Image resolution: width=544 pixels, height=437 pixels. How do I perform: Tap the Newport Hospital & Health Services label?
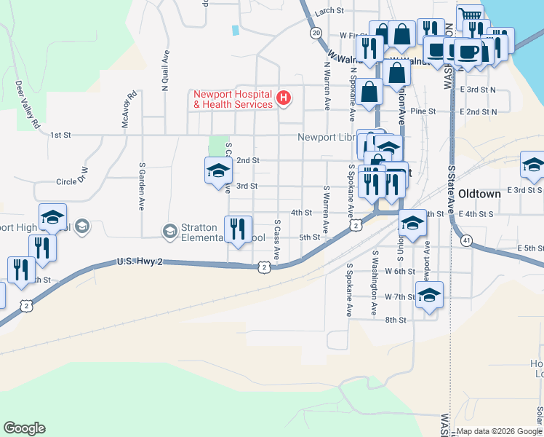click(233, 99)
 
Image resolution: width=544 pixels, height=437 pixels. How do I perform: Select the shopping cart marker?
click(470, 16)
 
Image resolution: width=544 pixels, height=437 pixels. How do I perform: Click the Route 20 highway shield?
click(315, 33)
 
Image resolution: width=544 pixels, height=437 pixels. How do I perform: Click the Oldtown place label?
click(479, 194)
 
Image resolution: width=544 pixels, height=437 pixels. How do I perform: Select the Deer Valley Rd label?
click(27, 104)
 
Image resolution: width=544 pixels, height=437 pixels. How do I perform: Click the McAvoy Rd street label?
click(129, 110)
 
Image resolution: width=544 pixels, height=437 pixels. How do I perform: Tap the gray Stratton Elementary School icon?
click(170, 232)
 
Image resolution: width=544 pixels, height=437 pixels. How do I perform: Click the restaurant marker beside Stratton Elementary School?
click(239, 229)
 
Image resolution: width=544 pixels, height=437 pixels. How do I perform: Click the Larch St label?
click(329, 10)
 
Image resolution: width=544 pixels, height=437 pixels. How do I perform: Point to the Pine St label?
click(423, 111)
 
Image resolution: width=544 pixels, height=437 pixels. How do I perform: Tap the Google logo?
click(24, 428)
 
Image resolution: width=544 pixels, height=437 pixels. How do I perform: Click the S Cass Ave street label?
click(277, 240)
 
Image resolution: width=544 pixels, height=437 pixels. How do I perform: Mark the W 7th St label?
click(399, 296)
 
